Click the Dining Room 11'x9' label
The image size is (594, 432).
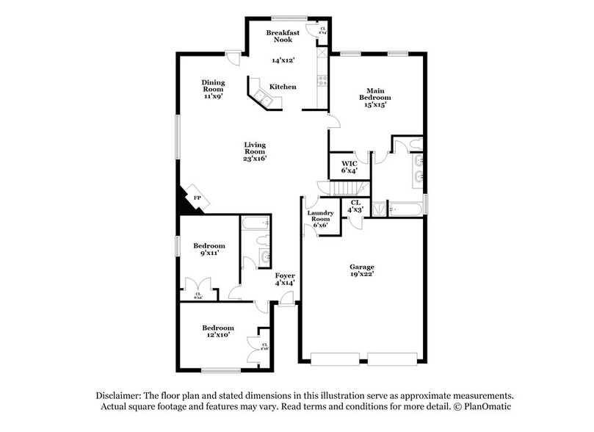(x=214, y=88)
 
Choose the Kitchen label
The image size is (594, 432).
(x=283, y=87)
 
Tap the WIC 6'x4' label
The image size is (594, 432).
(x=349, y=166)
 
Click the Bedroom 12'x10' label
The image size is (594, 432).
(x=218, y=331)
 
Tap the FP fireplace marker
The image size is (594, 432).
(x=197, y=198)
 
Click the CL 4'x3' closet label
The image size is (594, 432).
(x=356, y=205)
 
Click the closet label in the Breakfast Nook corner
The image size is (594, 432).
(x=322, y=31)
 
